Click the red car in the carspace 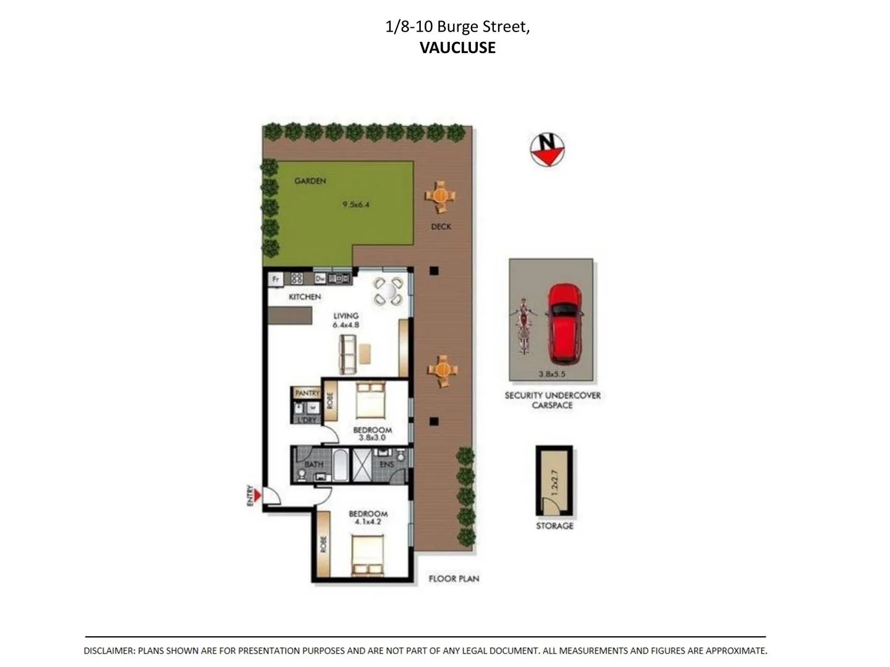(x=564, y=323)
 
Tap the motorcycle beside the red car (x=523, y=325)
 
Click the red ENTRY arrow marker (x=256, y=495)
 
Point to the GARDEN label (x=310, y=181)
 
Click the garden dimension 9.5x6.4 (x=356, y=204)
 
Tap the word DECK (x=441, y=227)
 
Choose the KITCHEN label (x=305, y=297)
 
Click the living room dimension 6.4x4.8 (x=345, y=324)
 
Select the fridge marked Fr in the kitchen (x=276, y=279)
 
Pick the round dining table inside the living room (x=388, y=292)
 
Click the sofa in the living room (x=348, y=354)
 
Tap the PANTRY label (x=307, y=393)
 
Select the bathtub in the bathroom (x=341, y=466)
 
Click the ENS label (x=387, y=464)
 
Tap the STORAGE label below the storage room (x=554, y=526)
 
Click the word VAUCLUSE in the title (x=457, y=48)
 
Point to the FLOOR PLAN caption (x=454, y=579)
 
